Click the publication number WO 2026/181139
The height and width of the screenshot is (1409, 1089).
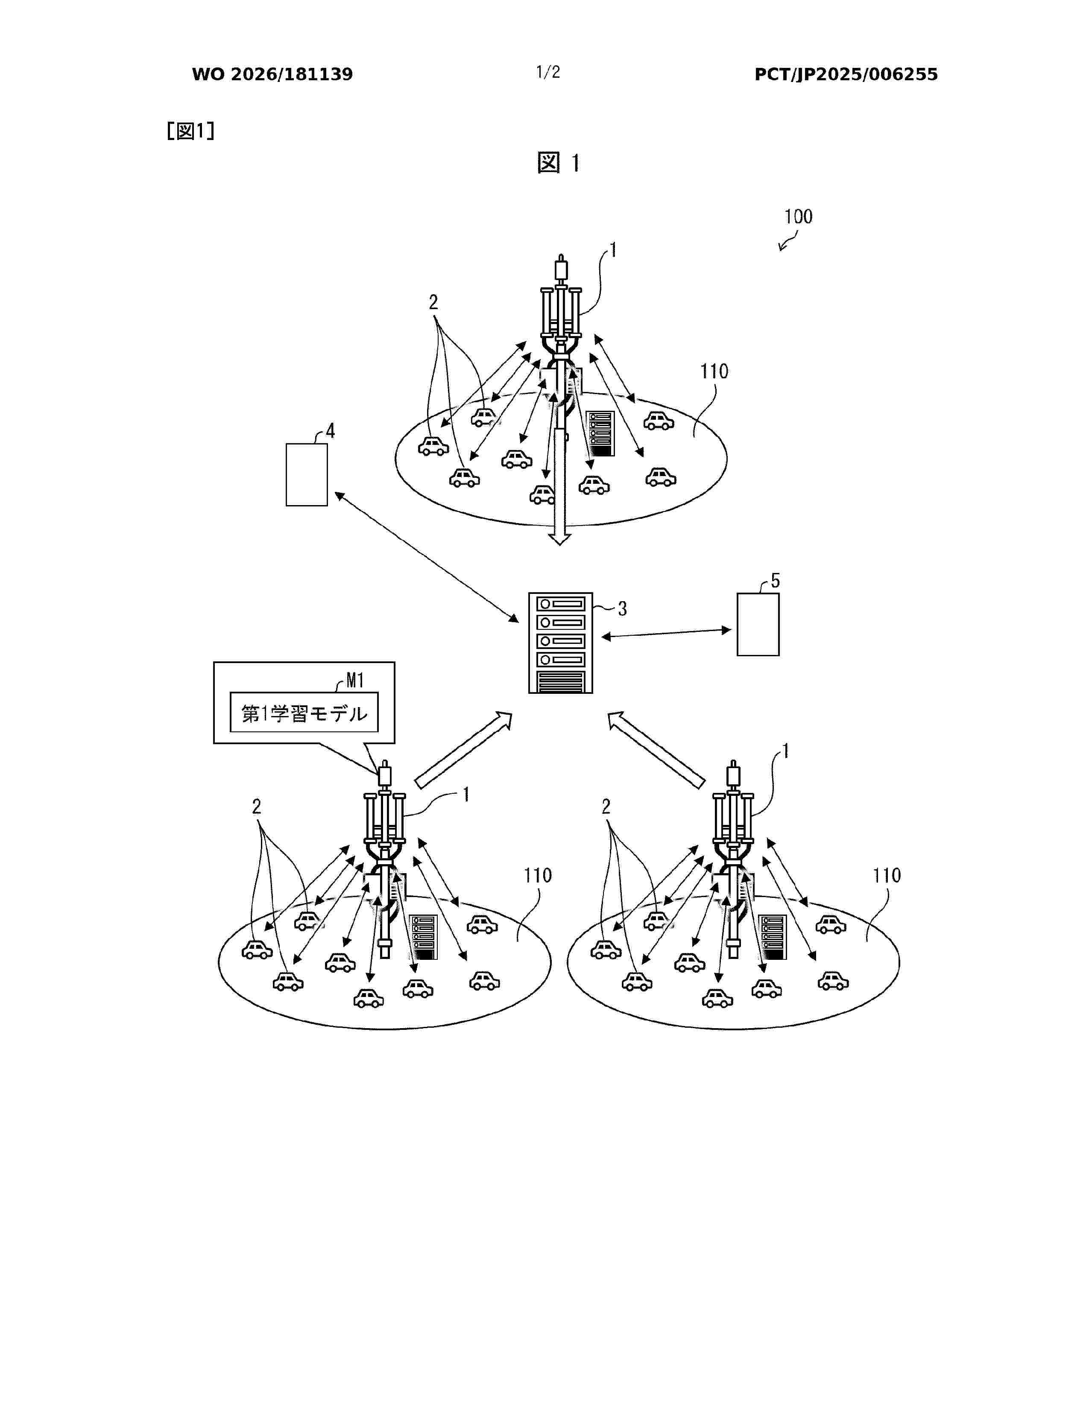(272, 74)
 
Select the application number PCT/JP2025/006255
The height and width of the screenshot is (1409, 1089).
(846, 74)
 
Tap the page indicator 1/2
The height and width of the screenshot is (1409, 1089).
(548, 72)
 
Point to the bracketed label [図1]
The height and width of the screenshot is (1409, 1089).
(190, 131)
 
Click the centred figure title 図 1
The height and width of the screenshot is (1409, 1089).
(559, 163)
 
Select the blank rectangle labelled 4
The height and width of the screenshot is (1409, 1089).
(307, 475)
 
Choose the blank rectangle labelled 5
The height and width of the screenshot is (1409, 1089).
(758, 625)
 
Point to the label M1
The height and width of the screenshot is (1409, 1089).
(355, 680)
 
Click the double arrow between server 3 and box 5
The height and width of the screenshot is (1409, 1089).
(666, 633)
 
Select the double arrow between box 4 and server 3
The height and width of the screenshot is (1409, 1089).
(427, 557)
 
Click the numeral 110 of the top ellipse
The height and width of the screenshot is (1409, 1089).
(714, 371)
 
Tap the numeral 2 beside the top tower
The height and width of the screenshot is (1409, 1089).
(433, 302)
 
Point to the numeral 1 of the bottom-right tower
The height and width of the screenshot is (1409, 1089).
(786, 751)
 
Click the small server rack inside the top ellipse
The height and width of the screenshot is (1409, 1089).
(600, 433)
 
